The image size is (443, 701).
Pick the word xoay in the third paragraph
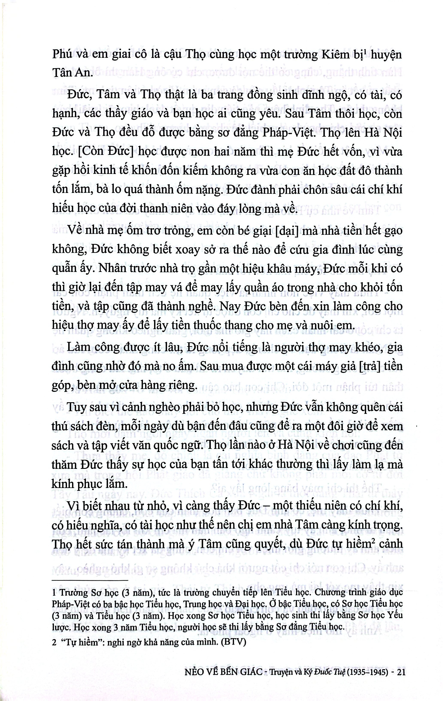point(185,250)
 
